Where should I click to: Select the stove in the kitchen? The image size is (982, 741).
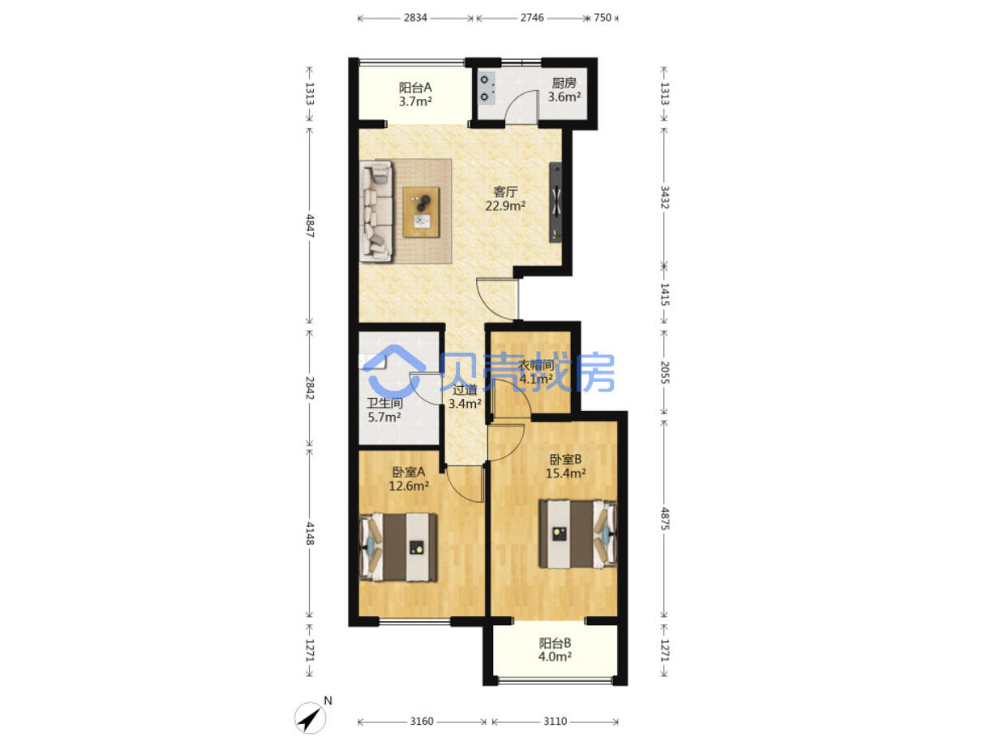tap(487, 88)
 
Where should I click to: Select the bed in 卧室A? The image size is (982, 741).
tap(397, 547)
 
